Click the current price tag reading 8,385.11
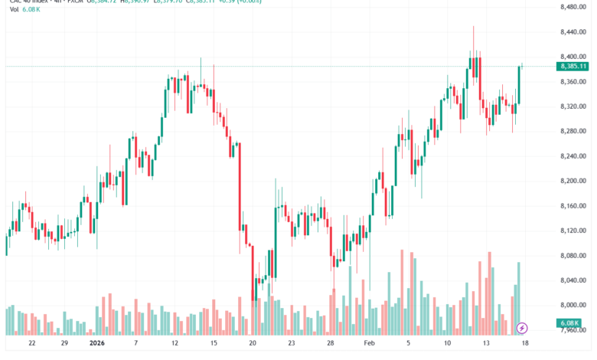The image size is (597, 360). (x=573, y=67)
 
